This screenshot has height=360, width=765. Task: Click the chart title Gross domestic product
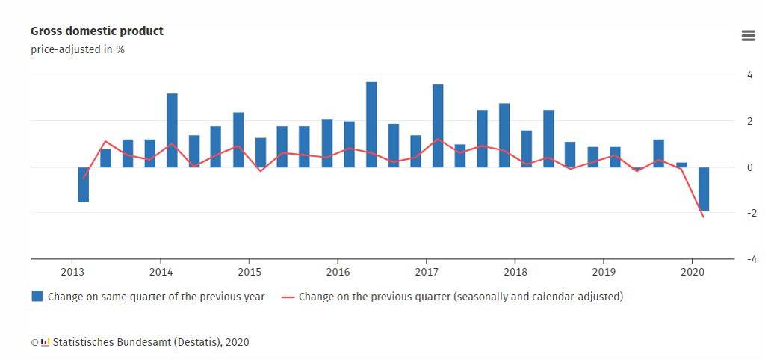pos(96,31)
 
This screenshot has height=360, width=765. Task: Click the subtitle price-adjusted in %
pos(77,49)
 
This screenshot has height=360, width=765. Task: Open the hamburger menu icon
pos(748,36)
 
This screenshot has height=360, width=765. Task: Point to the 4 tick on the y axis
pos(749,75)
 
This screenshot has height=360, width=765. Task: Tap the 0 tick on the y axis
pos(749,167)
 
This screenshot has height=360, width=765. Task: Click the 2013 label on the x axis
pos(72,272)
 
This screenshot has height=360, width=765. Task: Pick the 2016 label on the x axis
pos(338,272)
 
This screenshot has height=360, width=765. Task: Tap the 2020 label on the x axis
pos(692,272)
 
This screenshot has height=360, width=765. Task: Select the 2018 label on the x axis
pos(515,272)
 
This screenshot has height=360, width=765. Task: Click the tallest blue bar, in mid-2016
pos(371,124)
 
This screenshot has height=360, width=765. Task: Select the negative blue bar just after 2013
pos(84,184)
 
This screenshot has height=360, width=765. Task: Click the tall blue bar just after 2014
pos(172,130)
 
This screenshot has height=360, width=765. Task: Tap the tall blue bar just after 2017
pos(438,125)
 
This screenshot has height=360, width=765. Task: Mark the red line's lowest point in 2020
pos(704,217)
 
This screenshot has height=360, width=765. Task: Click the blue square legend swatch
pos(37,297)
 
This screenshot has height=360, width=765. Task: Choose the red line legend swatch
pos(288,297)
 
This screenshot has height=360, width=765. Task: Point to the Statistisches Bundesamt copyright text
pos(146,342)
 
